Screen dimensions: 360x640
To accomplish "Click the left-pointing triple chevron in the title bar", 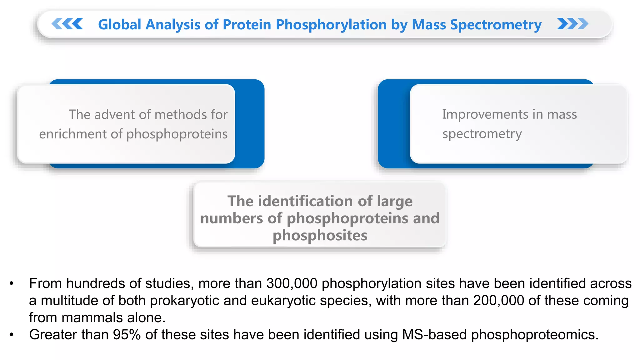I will coord(67,24).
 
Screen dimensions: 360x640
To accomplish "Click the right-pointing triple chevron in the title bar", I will coord(572,24).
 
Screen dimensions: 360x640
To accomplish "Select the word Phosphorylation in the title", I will coord(331,25).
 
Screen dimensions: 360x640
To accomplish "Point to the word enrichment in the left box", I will coord(73,134).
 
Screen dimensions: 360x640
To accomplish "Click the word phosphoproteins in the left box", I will coord(177,134).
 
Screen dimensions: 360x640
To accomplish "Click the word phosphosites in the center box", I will coord(320,235).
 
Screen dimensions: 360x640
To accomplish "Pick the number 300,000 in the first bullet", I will coord(292,283).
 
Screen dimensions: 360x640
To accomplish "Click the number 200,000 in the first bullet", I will coord(498,301).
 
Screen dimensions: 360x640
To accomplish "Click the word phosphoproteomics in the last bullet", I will coord(534,335).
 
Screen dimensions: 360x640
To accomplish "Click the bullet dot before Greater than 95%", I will coord(12,335).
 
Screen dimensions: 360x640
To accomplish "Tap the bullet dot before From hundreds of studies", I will coord(12,284).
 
